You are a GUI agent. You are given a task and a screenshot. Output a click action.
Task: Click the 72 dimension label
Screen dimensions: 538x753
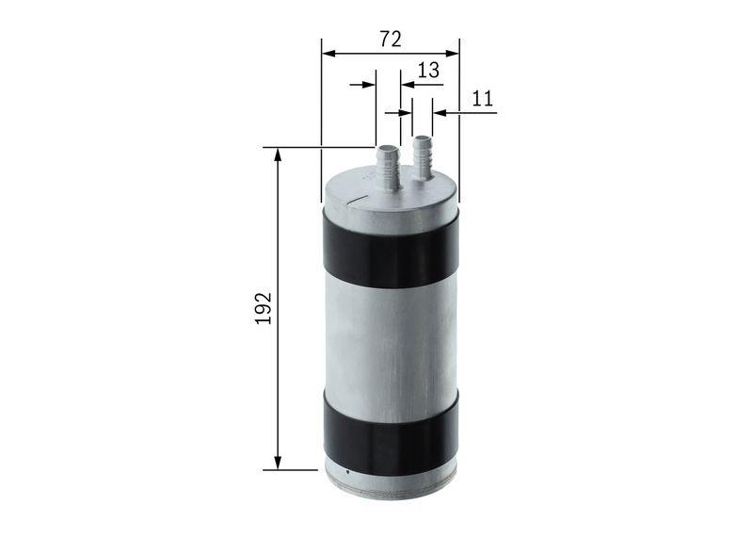pos(391,39)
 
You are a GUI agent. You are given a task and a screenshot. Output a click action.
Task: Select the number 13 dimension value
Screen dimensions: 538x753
pos(427,70)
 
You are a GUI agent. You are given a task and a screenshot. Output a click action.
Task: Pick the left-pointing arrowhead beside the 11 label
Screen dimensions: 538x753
pos(440,113)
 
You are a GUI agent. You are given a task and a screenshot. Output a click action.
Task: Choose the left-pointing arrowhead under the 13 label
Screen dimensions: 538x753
pos(407,85)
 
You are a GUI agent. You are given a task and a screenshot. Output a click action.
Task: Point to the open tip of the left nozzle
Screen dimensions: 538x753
pos(387,148)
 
